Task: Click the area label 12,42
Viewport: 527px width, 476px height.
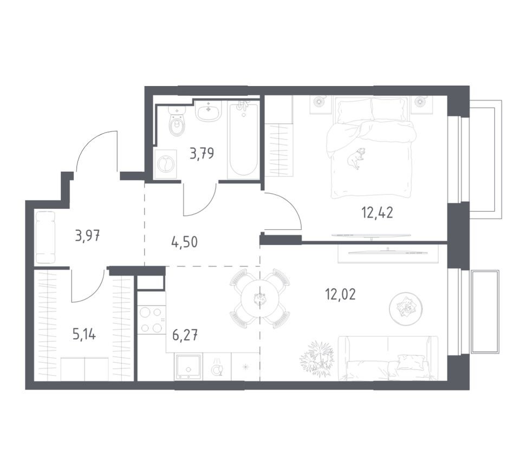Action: tap(377, 211)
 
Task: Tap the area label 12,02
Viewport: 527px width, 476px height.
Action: tap(340, 295)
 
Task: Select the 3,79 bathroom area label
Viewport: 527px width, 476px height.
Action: tap(201, 154)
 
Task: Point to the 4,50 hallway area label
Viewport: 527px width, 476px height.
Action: tap(184, 241)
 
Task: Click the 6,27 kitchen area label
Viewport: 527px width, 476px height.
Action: tap(185, 334)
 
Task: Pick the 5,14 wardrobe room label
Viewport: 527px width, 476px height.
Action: tap(84, 334)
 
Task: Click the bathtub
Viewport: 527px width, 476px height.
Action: tap(243, 141)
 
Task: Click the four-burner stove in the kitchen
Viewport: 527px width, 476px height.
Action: tap(151, 320)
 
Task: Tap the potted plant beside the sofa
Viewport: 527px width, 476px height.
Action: tap(318, 357)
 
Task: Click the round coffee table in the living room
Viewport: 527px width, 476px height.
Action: tap(406, 308)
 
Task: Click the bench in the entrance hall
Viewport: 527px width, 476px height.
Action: tap(45, 237)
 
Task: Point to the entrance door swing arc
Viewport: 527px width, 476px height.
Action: tap(96, 149)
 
